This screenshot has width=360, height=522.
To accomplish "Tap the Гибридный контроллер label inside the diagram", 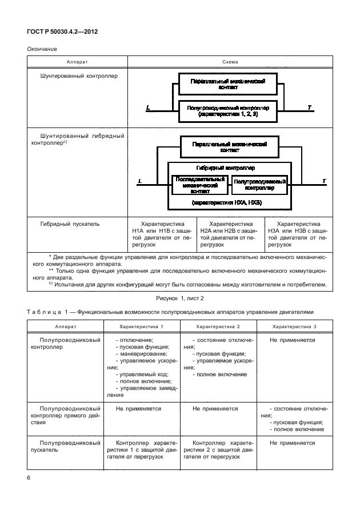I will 225,168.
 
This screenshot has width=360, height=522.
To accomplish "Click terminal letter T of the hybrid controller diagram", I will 324,181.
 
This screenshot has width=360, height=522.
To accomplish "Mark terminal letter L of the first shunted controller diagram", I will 147,107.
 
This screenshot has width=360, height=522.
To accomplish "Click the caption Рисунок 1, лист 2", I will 179,298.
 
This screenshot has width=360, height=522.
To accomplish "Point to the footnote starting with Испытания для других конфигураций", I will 183,285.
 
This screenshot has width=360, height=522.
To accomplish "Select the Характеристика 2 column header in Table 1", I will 218,326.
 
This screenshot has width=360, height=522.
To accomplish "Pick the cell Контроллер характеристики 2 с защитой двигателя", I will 218,450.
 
